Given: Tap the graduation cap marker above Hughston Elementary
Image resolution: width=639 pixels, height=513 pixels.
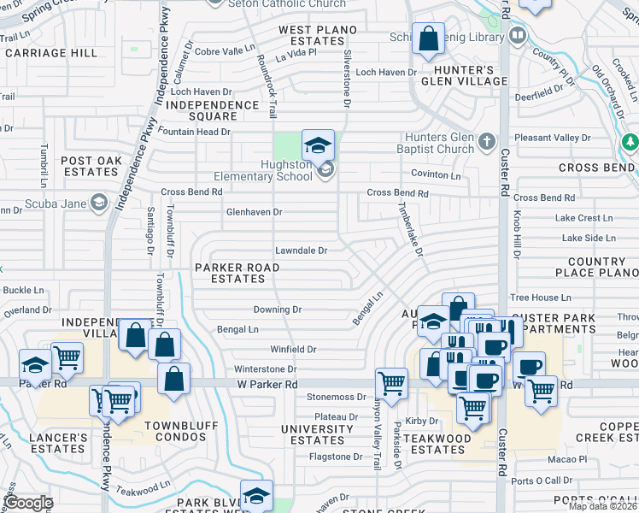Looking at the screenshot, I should point(318,145).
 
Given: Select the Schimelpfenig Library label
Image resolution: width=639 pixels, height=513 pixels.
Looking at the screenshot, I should point(461,37).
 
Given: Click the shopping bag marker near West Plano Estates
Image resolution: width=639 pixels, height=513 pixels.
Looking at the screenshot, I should point(428,39).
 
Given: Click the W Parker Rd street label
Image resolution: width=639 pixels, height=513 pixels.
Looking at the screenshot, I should point(267,385).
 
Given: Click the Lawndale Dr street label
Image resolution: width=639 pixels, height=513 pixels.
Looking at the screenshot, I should point(301,251).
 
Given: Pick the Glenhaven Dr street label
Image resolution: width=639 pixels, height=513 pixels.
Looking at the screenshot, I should point(254,211).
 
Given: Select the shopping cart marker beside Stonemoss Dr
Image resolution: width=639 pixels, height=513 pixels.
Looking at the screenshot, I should point(391,385).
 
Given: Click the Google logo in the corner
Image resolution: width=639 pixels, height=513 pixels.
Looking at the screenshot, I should point(28,503).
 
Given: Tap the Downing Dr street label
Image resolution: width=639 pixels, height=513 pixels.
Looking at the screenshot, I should point(278,310).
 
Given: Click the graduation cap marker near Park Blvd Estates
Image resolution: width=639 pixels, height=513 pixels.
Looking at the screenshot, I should point(256,497).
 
